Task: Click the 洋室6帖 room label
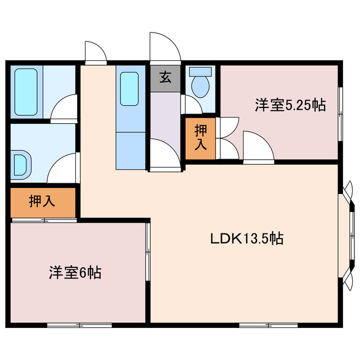pyautogui.click(x=74, y=273)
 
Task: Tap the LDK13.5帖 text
pyautogui.click(x=246, y=238)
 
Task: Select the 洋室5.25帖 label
pyautogui.click(x=290, y=105)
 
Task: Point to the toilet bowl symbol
pyautogui.click(x=199, y=84)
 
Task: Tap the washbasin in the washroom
pyautogui.click(x=21, y=164)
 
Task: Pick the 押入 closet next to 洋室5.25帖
pyautogui.click(x=200, y=138)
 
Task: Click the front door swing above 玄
pyautogui.click(x=164, y=48)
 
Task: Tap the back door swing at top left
pyautogui.click(x=94, y=52)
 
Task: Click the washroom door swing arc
pyautogui.click(x=62, y=167)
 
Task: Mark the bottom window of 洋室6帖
pyautogui.click(x=71, y=325)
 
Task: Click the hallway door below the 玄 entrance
pyautogui.click(x=165, y=155)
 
